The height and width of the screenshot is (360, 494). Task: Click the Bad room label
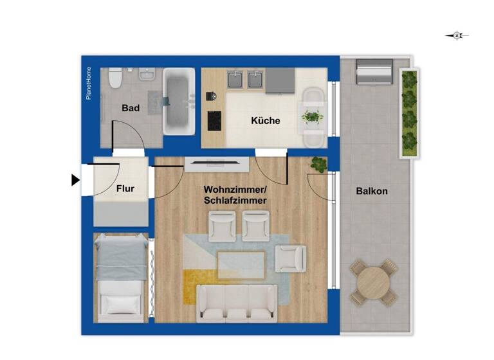tap(131, 108)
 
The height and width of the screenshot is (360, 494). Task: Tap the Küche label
tap(266, 120)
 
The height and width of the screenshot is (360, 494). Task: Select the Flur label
tap(125, 189)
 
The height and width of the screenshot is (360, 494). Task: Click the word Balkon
tap(372, 191)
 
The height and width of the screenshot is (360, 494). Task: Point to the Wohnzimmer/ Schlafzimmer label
tap(235, 195)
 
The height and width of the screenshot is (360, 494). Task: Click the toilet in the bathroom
tap(116, 77)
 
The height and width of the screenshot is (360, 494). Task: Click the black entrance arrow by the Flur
tap(75, 181)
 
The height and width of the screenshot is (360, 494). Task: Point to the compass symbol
tap(457, 36)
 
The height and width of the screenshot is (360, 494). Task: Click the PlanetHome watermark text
tap(89, 84)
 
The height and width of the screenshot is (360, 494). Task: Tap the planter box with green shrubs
tap(408, 113)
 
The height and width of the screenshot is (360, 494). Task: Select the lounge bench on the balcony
tap(374, 72)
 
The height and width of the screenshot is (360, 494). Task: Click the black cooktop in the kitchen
tap(214, 120)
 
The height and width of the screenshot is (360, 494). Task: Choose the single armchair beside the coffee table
tap(289, 258)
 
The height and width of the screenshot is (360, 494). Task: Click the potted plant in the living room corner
tap(318, 164)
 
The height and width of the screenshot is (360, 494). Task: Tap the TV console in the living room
tap(217, 164)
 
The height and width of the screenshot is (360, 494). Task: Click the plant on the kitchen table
tap(313, 116)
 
